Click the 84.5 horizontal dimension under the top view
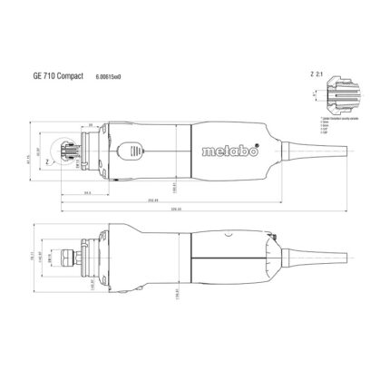(x=88, y=191)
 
